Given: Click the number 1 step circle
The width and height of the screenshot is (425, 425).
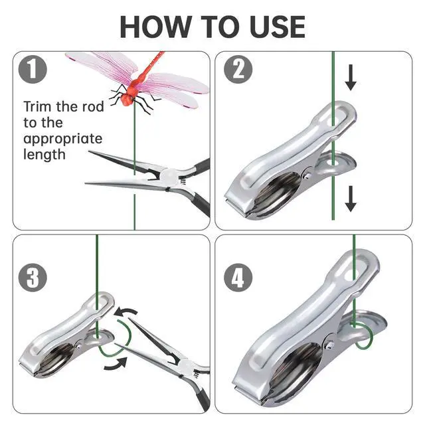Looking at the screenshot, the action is pos(33,69).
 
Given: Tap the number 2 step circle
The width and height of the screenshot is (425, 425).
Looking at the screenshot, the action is pos(238,69).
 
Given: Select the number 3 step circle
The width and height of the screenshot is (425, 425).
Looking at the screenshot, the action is pos(33,278).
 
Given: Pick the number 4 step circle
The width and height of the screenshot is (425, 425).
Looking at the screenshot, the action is pos(238,278).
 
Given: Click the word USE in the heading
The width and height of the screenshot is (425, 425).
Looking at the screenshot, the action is pos(278,27).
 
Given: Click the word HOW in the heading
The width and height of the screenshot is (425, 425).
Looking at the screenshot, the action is pos(156,27).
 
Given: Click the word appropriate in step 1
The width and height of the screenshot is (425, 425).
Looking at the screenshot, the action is pos(63,139).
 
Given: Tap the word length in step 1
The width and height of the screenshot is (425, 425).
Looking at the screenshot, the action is pos(44,155).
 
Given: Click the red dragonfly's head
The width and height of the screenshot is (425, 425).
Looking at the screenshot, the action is pos(126,100).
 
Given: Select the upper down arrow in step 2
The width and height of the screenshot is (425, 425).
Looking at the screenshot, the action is pos(351,78).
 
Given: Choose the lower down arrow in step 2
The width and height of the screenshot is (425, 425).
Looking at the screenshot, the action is pos(351,199).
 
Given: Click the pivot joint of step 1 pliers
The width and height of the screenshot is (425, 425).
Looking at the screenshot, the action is pos(169,176).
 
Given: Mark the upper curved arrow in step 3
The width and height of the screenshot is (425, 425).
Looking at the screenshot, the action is pos(126,312).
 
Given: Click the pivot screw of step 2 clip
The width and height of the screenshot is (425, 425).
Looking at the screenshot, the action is pos(307,176).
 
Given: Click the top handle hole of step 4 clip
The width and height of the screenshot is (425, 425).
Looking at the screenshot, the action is pos(353,271).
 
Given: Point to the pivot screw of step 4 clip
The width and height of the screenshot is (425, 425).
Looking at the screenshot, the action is pos(330,345).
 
